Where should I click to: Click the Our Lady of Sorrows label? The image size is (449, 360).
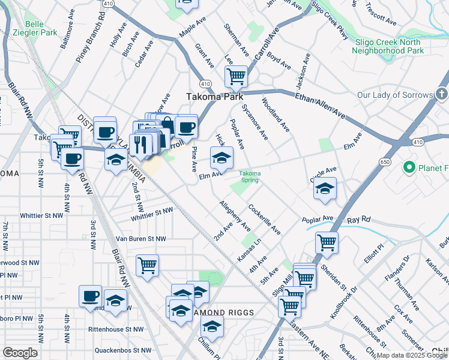(x=395, y=95)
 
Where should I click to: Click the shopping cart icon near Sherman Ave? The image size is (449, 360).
(x=236, y=76)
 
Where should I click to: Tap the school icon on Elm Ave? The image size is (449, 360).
(x=221, y=158)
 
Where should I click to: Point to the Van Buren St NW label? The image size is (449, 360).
(x=140, y=239)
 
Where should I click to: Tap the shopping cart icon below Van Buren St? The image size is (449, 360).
(x=147, y=264)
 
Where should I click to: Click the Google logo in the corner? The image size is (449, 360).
(x=20, y=353)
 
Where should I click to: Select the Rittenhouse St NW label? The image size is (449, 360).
(x=115, y=329)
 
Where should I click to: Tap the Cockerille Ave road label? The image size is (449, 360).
(x=265, y=220)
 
